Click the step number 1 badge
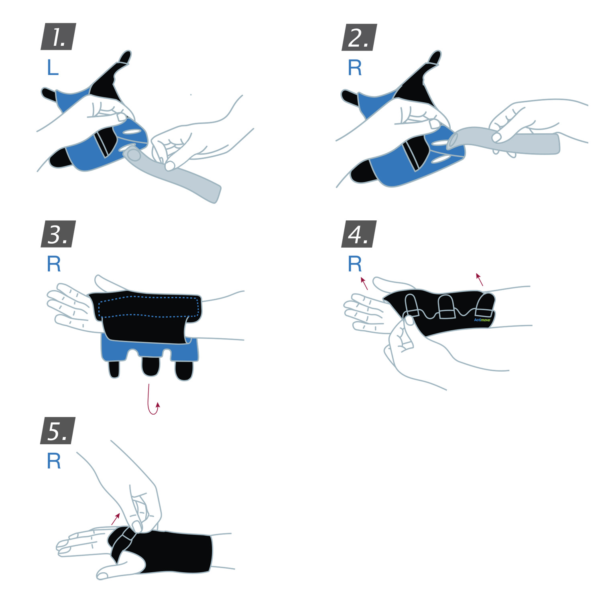(58, 37)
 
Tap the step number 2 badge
(359, 37)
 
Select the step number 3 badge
(58, 234)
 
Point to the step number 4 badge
(359, 234)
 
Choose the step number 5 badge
(58, 431)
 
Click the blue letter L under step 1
(53, 67)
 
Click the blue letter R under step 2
(355, 67)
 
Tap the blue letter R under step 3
(54, 264)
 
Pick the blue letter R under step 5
(54, 461)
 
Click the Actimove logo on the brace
(482, 320)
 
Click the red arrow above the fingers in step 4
(364, 283)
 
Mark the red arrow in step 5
(116, 519)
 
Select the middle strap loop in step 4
(446, 307)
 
